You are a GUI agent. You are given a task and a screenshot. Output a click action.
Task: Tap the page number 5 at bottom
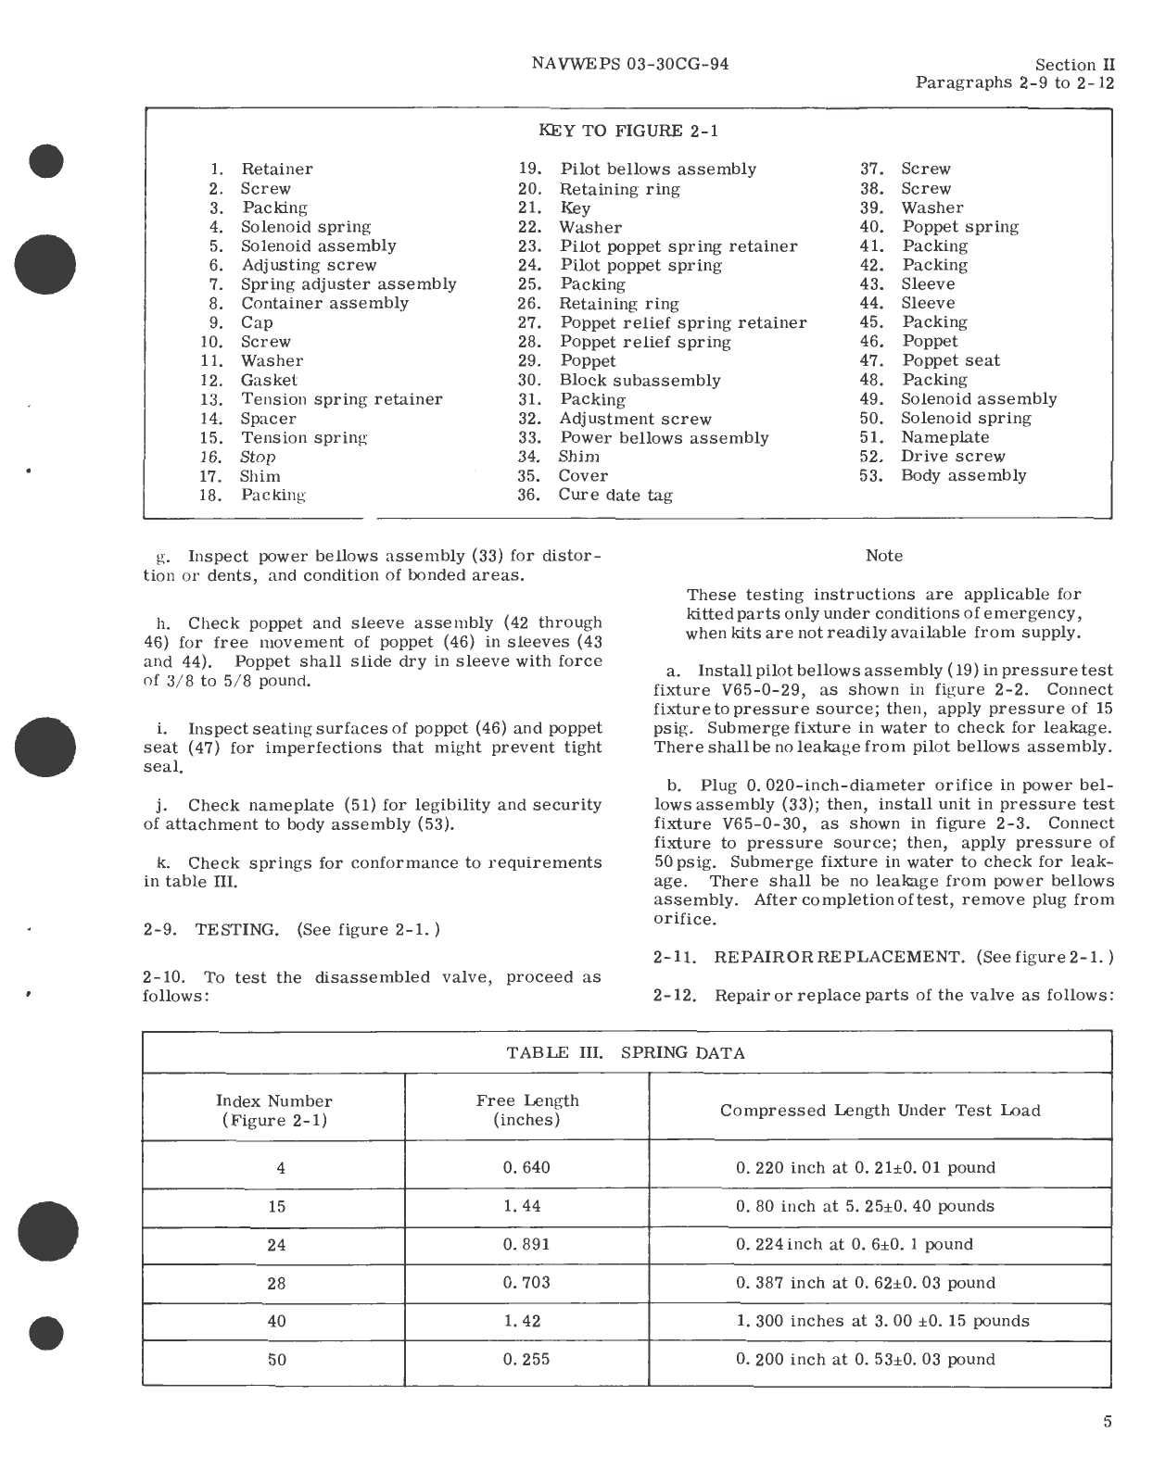(x=1108, y=1422)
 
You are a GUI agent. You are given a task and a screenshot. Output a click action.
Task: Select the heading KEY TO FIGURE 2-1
(x=628, y=131)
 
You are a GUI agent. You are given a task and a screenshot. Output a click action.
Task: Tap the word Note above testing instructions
(x=883, y=556)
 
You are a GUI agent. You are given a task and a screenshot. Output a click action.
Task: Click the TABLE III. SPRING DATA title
(x=626, y=1052)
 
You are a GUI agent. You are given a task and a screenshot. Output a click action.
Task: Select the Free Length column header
(x=527, y=1110)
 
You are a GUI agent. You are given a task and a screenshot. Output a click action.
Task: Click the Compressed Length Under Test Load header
(x=880, y=1110)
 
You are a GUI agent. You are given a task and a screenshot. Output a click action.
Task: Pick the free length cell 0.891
(x=526, y=1244)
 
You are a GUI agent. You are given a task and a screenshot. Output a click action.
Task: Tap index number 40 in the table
(x=276, y=1321)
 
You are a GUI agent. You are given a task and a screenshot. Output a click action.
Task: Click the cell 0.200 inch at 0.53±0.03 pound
(x=866, y=1359)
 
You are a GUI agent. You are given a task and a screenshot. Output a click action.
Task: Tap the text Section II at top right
(x=1074, y=65)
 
